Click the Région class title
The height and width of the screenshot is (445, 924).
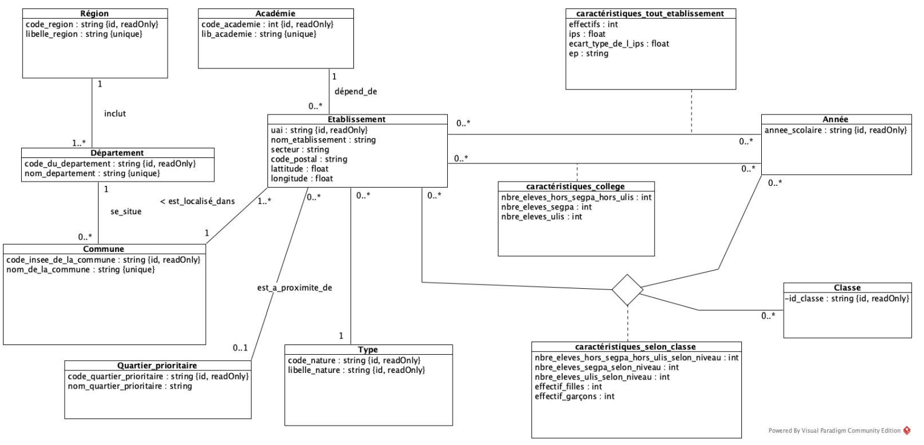coord(95,13)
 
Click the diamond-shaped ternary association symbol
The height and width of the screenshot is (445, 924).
coord(627,289)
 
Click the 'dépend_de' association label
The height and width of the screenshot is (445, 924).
coord(355,91)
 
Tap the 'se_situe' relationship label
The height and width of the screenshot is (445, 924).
coord(125,213)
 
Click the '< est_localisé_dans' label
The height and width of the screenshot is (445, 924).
coord(197,201)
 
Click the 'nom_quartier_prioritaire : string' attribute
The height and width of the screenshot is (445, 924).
coord(129,386)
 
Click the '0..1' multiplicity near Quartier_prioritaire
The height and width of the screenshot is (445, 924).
coord(240,348)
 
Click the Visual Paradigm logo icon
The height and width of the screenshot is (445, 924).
coord(906,431)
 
